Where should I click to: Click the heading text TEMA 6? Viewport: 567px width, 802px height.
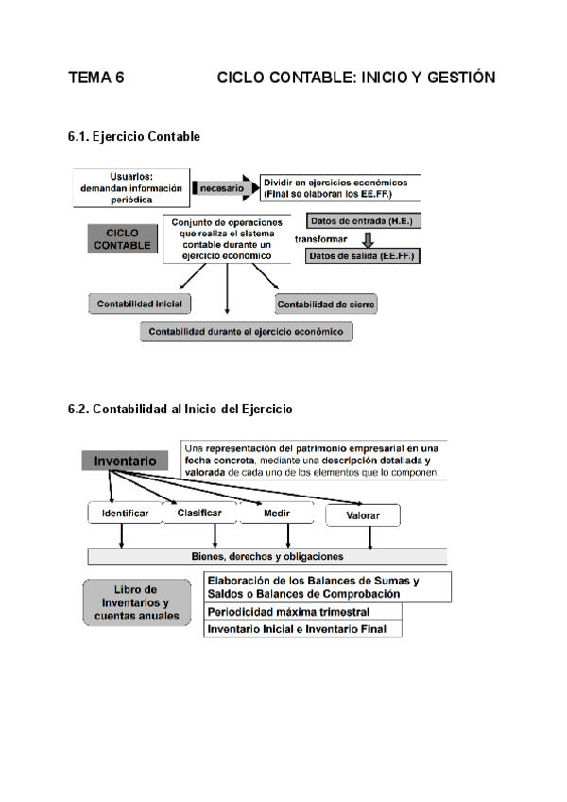(x=96, y=78)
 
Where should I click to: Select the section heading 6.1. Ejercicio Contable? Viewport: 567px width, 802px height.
(x=134, y=137)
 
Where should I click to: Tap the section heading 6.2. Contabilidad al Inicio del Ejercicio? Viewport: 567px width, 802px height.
(x=180, y=410)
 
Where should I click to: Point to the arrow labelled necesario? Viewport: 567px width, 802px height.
(x=223, y=188)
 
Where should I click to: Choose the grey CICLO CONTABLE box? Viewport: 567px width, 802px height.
(x=122, y=238)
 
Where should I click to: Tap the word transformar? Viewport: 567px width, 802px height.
(x=321, y=238)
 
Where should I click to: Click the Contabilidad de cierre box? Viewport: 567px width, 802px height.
(x=326, y=304)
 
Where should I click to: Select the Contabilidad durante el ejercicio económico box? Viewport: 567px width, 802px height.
(x=246, y=331)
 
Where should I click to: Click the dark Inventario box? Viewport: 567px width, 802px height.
(x=125, y=462)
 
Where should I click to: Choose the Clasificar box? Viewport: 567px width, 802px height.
(x=199, y=514)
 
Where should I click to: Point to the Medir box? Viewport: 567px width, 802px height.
(x=276, y=514)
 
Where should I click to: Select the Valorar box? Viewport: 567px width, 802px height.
(x=363, y=515)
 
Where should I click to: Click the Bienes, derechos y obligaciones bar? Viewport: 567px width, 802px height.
(x=267, y=556)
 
